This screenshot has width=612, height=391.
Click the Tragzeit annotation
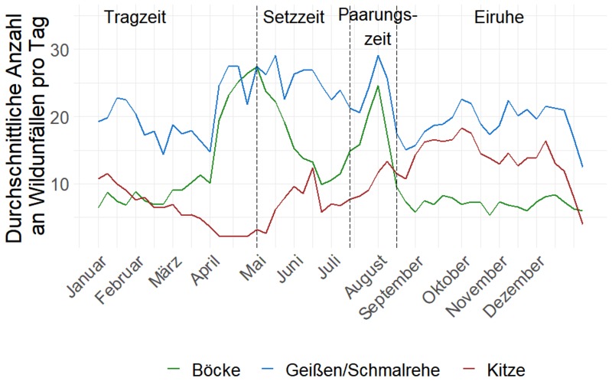[134, 17]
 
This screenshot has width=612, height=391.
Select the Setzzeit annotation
[293, 17]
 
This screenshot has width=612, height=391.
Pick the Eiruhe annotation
[499, 17]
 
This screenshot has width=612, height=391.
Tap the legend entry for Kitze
[504, 371]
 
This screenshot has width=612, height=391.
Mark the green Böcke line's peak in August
[378, 86]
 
